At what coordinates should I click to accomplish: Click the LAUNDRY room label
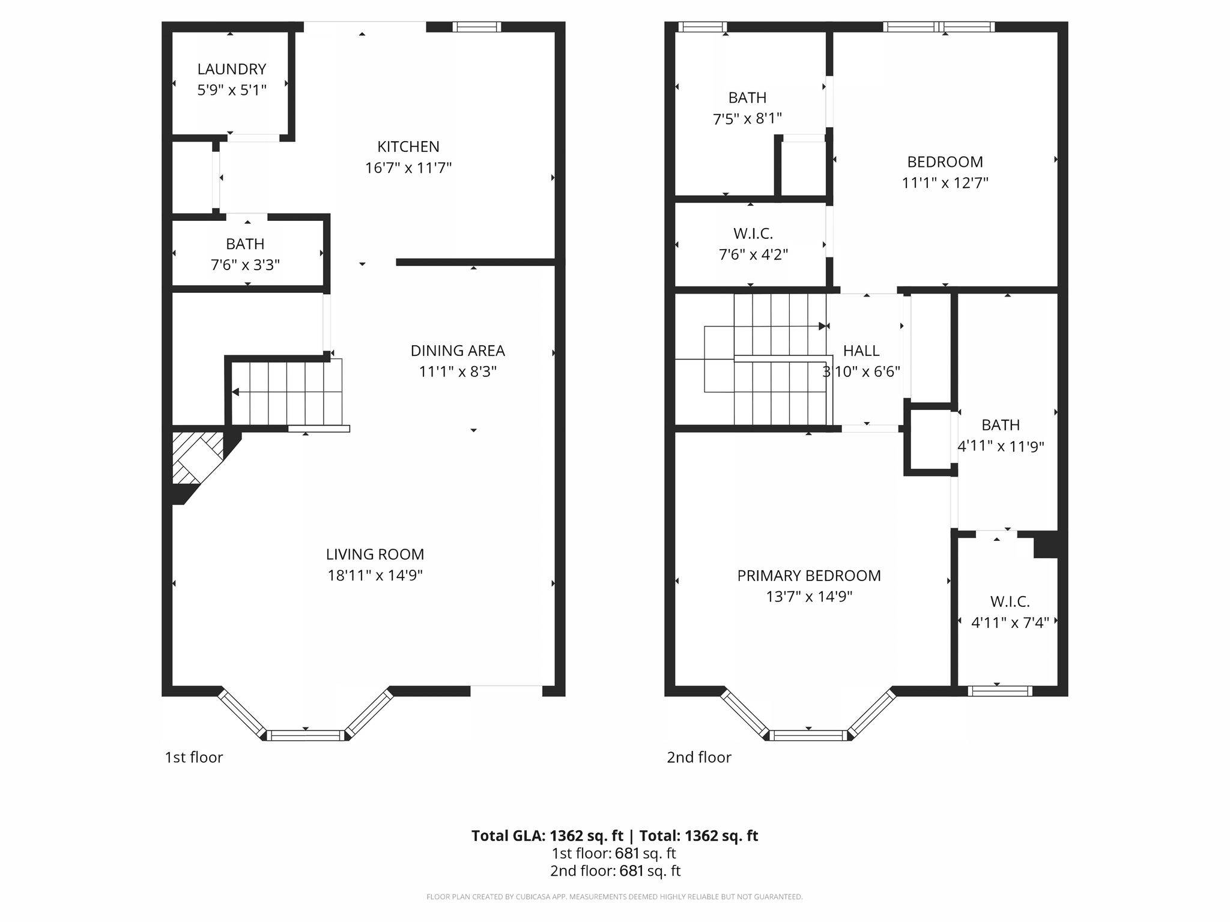click(x=232, y=69)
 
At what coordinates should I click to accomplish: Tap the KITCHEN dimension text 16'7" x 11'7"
click(x=408, y=167)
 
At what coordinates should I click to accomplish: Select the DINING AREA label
click(x=458, y=351)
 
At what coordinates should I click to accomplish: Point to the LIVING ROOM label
click(x=375, y=554)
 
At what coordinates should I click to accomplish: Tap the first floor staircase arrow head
click(x=235, y=392)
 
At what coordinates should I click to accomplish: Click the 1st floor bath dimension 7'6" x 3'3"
click(x=245, y=265)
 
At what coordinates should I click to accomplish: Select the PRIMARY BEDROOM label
click(x=809, y=576)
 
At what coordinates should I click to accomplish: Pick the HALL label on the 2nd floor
click(x=861, y=351)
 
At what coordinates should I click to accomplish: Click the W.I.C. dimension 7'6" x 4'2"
click(x=753, y=255)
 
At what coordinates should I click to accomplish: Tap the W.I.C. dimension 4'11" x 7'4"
click(x=1010, y=622)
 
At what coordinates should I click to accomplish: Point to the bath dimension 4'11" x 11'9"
click(x=1001, y=446)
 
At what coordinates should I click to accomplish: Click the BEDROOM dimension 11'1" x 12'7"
click(x=945, y=182)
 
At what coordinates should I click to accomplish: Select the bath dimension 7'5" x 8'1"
click(x=747, y=119)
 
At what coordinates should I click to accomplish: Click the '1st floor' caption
click(x=194, y=757)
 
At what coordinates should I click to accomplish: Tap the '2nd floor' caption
click(x=699, y=757)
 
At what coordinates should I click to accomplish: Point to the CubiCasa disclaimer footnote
click(x=614, y=897)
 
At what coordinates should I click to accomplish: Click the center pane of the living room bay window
click(x=306, y=735)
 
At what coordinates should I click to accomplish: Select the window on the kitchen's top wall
click(x=476, y=26)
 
